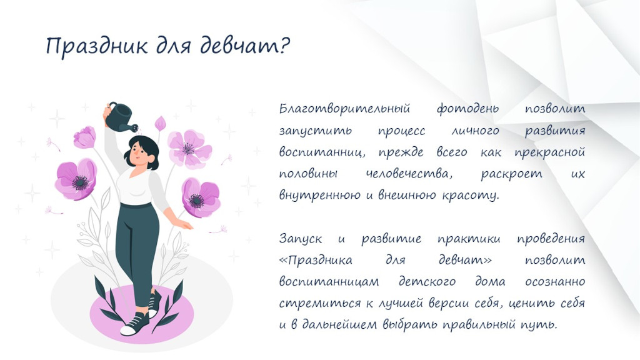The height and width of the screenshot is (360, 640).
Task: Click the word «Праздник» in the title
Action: coord(96,45)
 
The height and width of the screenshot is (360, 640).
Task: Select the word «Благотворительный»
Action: coord(344,109)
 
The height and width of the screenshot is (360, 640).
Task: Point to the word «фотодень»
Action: coord(467,109)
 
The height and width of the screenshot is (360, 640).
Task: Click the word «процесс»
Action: coord(401,131)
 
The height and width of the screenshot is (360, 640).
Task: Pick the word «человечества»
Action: coord(409,174)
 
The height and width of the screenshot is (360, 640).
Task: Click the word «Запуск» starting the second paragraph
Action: coord(301,238)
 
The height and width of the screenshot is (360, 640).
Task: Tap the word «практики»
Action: coord(469,239)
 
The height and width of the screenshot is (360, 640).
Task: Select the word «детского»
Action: coord(427,282)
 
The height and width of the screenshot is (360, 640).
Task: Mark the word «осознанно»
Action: coord(555,282)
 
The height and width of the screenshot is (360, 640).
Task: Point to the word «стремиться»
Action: coord(314,303)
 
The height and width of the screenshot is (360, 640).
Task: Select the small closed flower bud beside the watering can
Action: coord(161,123)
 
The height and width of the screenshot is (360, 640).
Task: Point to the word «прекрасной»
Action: coord(549,152)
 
